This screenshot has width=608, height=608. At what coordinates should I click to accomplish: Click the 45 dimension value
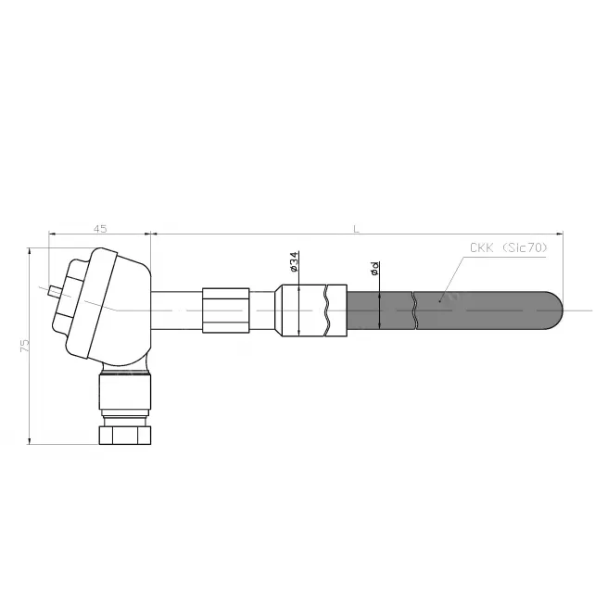click(x=100, y=229)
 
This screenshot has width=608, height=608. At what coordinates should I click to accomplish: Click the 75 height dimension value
click(x=24, y=346)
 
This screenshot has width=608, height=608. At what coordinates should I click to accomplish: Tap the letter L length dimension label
click(x=356, y=229)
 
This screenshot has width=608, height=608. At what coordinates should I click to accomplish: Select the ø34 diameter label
click(x=294, y=261)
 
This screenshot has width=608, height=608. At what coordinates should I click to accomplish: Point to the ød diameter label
click(x=374, y=269)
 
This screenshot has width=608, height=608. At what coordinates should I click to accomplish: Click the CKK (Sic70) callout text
click(x=508, y=247)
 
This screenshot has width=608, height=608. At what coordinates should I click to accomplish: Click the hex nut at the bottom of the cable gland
click(x=125, y=436)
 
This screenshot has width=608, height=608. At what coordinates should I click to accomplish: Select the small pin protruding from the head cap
click(x=55, y=292)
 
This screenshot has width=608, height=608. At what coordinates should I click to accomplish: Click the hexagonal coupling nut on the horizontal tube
click(x=225, y=310)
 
